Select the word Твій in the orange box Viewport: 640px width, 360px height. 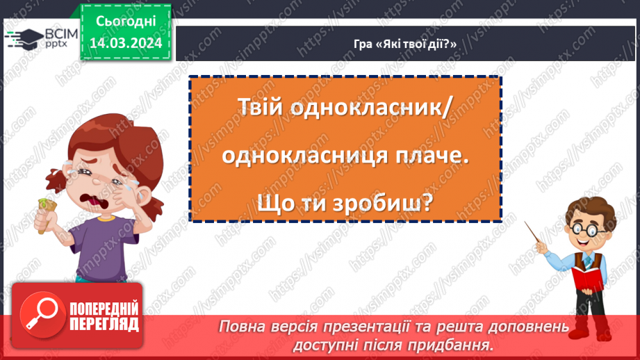coord(263,110)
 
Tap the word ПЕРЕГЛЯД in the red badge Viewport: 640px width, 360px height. coord(104,325)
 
